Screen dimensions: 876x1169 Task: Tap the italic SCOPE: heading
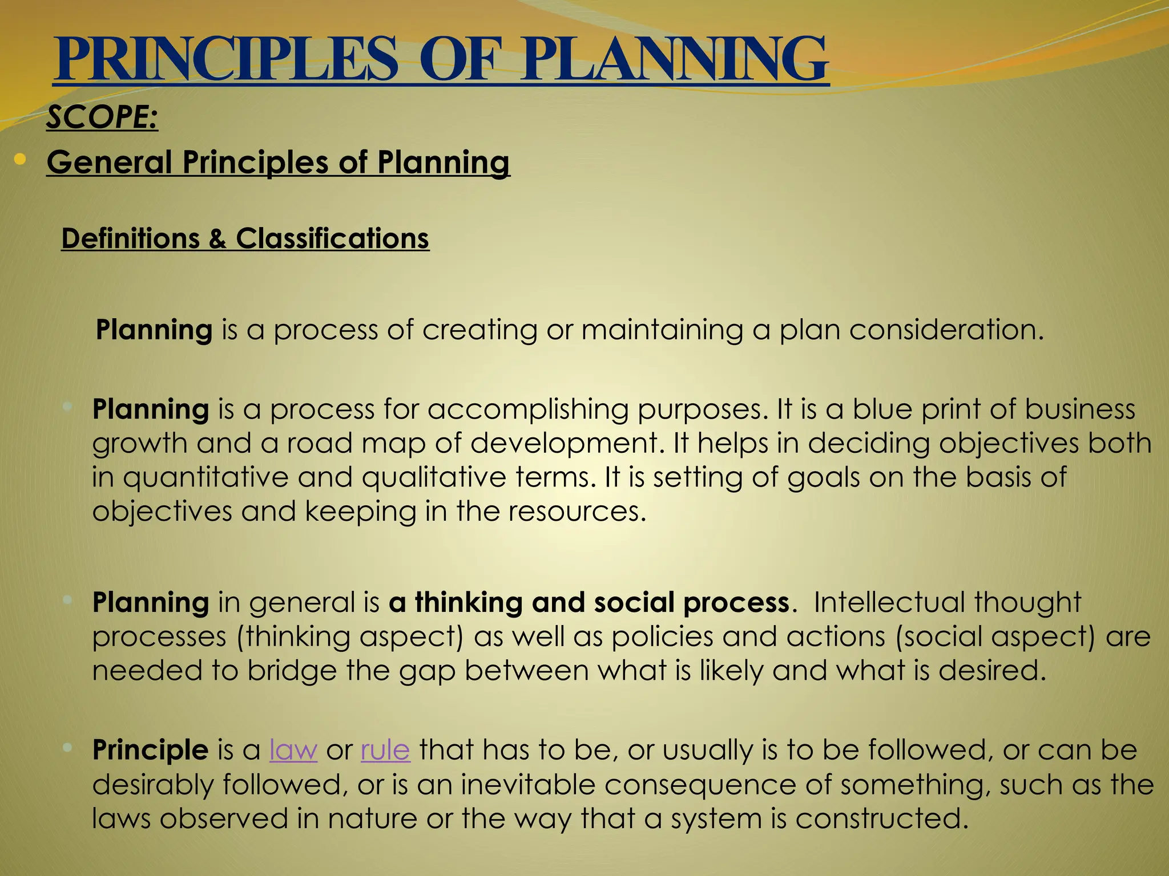coord(102,118)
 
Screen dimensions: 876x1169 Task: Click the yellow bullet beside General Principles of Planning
coord(21,160)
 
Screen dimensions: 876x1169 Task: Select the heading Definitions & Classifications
coord(245,238)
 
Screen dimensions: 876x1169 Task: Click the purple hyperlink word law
coord(293,750)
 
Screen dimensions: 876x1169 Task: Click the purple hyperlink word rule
coord(385,750)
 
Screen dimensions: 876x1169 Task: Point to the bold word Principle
coord(150,750)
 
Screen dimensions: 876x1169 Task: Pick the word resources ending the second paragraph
coord(574,511)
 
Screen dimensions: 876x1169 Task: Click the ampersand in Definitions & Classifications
coord(217,238)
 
